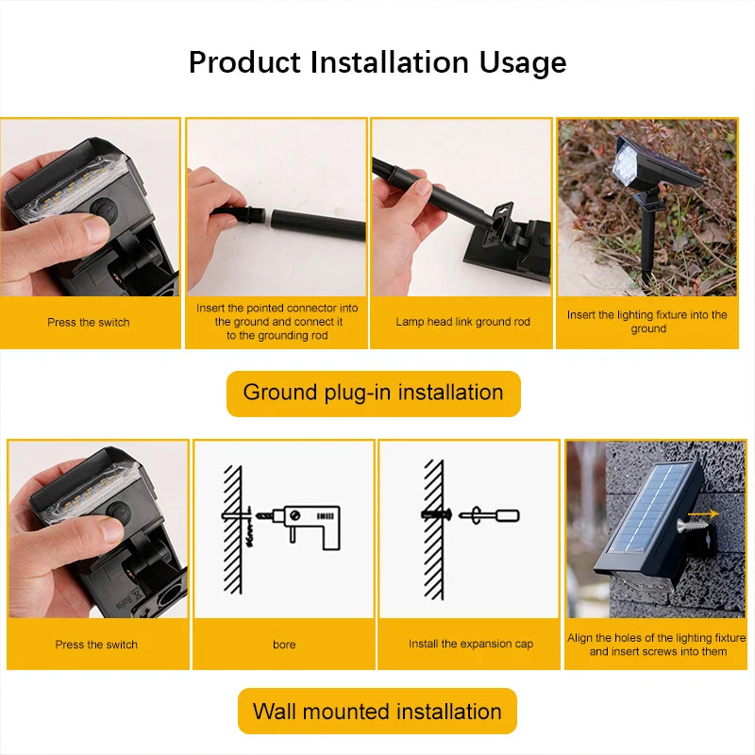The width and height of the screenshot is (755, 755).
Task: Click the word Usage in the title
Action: [x=523, y=63]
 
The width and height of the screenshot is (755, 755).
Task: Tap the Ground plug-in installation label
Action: [x=373, y=393]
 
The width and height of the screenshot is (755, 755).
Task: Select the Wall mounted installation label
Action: [x=377, y=712]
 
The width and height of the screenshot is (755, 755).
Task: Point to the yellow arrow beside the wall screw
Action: [x=703, y=514]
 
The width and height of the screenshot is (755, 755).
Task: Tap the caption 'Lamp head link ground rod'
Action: [x=462, y=322]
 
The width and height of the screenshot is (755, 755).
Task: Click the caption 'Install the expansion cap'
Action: [x=470, y=644]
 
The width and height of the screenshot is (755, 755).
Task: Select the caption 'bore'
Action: [x=284, y=645]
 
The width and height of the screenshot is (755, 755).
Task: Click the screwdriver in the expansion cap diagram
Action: [x=489, y=515]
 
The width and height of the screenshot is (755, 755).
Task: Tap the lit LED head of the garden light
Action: [x=626, y=166]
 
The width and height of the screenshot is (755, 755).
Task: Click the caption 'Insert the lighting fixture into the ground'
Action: [x=647, y=322]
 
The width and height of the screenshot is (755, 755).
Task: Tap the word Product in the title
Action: [x=244, y=62]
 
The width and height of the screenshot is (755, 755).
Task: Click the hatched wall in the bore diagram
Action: [x=232, y=529]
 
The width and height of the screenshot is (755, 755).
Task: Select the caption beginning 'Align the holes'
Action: [x=657, y=645]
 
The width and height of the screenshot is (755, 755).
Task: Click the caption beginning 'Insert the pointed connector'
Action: [x=277, y=322]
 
